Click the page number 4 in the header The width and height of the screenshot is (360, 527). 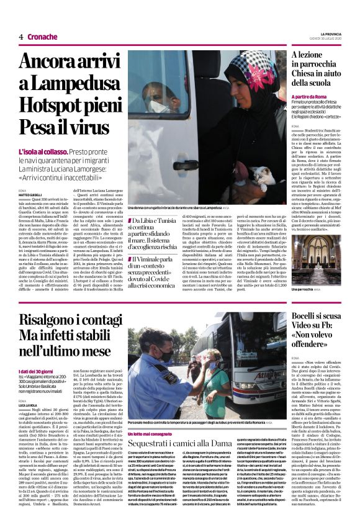point(20,37)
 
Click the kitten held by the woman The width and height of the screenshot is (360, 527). point(261,178)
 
